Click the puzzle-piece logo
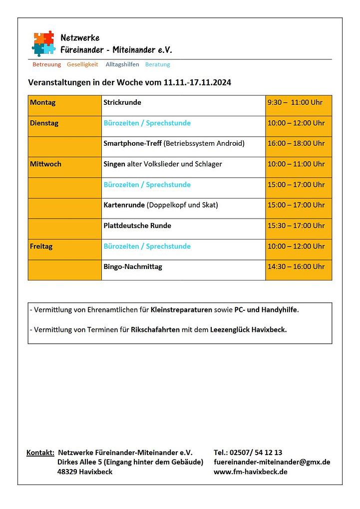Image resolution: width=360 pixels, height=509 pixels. pos(43,43)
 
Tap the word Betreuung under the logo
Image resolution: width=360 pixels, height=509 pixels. pos(46,64)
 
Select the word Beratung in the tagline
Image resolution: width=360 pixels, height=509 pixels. pos(157,64)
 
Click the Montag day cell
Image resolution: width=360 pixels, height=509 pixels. pos(43,103)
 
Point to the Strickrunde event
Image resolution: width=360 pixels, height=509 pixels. pos(122,103)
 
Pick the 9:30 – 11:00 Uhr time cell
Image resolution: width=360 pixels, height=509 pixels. pos(295,103)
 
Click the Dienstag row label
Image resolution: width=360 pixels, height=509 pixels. pos(44,123)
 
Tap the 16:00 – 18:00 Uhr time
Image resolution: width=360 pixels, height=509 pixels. pos(296,144)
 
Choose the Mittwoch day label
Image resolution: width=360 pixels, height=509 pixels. pos(45,164)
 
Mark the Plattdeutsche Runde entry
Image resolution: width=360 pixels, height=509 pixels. pos(137,226)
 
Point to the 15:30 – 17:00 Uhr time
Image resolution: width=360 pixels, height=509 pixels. pos(296,226)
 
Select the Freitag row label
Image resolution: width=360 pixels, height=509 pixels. pos(41,247)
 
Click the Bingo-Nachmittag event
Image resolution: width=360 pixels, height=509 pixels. pos(133,267)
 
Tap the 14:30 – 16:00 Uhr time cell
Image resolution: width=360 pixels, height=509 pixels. pos(296,267)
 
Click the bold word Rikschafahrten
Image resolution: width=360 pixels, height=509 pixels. pos(155,330)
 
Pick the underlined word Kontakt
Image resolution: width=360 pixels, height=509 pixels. pos(40,453)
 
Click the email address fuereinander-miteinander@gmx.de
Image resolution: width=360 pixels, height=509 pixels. pos(272,462)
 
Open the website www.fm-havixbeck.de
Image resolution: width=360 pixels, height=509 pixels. pos(250,472)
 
